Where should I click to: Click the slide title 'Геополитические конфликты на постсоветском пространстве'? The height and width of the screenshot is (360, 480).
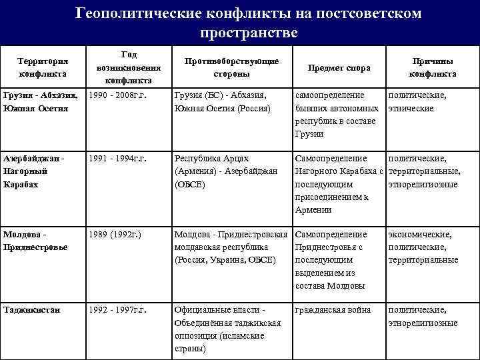248,22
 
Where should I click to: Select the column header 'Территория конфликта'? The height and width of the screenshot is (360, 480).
43,67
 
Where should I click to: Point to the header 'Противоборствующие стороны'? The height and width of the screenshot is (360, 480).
231,67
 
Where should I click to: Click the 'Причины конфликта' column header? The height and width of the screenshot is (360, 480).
433,67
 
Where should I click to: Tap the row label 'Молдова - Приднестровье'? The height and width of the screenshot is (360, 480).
33,241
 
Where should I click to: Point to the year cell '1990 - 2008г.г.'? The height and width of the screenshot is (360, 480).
117,95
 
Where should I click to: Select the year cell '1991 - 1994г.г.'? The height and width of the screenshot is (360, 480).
117,159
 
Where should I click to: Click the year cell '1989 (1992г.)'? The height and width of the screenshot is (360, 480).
113,235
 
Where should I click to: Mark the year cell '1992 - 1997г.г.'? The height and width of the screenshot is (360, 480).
117,310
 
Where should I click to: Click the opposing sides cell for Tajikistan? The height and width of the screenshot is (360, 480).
227,329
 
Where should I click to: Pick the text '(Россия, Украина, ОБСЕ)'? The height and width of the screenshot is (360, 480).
225,260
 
